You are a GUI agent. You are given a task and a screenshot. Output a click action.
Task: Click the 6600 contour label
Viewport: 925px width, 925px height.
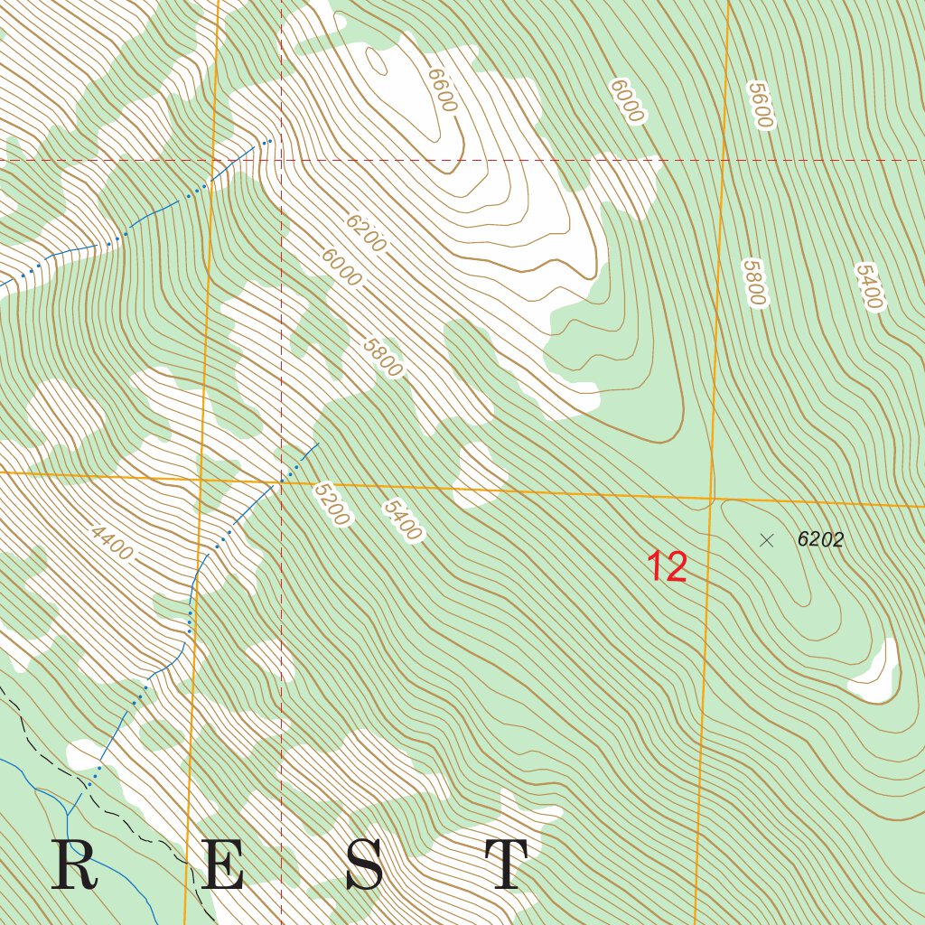point(442,90)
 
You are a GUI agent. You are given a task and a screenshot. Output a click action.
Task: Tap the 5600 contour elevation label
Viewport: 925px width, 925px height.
point(761,106)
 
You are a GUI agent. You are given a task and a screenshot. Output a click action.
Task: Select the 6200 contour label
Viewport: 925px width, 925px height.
point(365,233)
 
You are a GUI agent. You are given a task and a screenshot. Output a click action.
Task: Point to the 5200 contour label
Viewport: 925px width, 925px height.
point(332,503)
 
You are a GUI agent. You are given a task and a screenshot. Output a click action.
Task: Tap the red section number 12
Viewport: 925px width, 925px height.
point(667,567)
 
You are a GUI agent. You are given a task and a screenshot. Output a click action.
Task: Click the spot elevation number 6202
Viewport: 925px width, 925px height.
point(820,540)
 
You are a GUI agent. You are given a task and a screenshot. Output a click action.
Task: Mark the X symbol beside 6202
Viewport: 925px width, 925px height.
point(767,540)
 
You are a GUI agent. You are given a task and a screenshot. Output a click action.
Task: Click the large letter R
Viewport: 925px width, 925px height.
point(74,865)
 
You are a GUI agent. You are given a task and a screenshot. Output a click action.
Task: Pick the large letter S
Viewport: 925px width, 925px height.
point(364,865)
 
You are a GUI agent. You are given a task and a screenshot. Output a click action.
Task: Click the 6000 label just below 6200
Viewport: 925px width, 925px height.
point(341,267)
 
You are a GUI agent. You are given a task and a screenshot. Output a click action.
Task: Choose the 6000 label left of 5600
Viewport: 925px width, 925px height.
point(627,100)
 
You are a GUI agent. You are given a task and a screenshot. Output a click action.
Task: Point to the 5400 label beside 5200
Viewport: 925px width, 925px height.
point(402,520)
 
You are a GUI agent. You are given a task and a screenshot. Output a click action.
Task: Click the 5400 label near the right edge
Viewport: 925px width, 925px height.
point(867,285)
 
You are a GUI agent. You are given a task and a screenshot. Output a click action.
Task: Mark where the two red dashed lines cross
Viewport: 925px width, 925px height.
point(282,161)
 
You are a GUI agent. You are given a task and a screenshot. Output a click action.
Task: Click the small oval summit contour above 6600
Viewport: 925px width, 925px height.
point(377,62)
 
